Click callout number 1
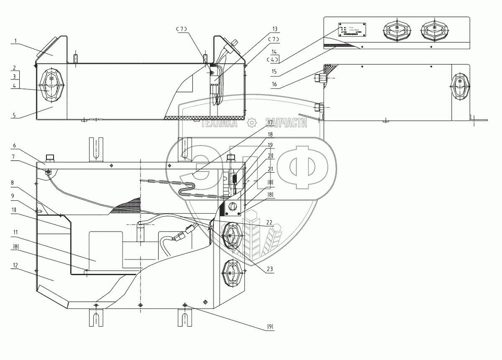pyautogui.click(x=15, y=41)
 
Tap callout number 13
pyautogui.click(x=275, y=29)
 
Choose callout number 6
pyautogui.click(x=15, y=145)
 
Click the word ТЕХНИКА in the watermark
pyautogui.click(x=219, y=123)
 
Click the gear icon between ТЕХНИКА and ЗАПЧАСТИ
pyautogui.click(x=251, y=123)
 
